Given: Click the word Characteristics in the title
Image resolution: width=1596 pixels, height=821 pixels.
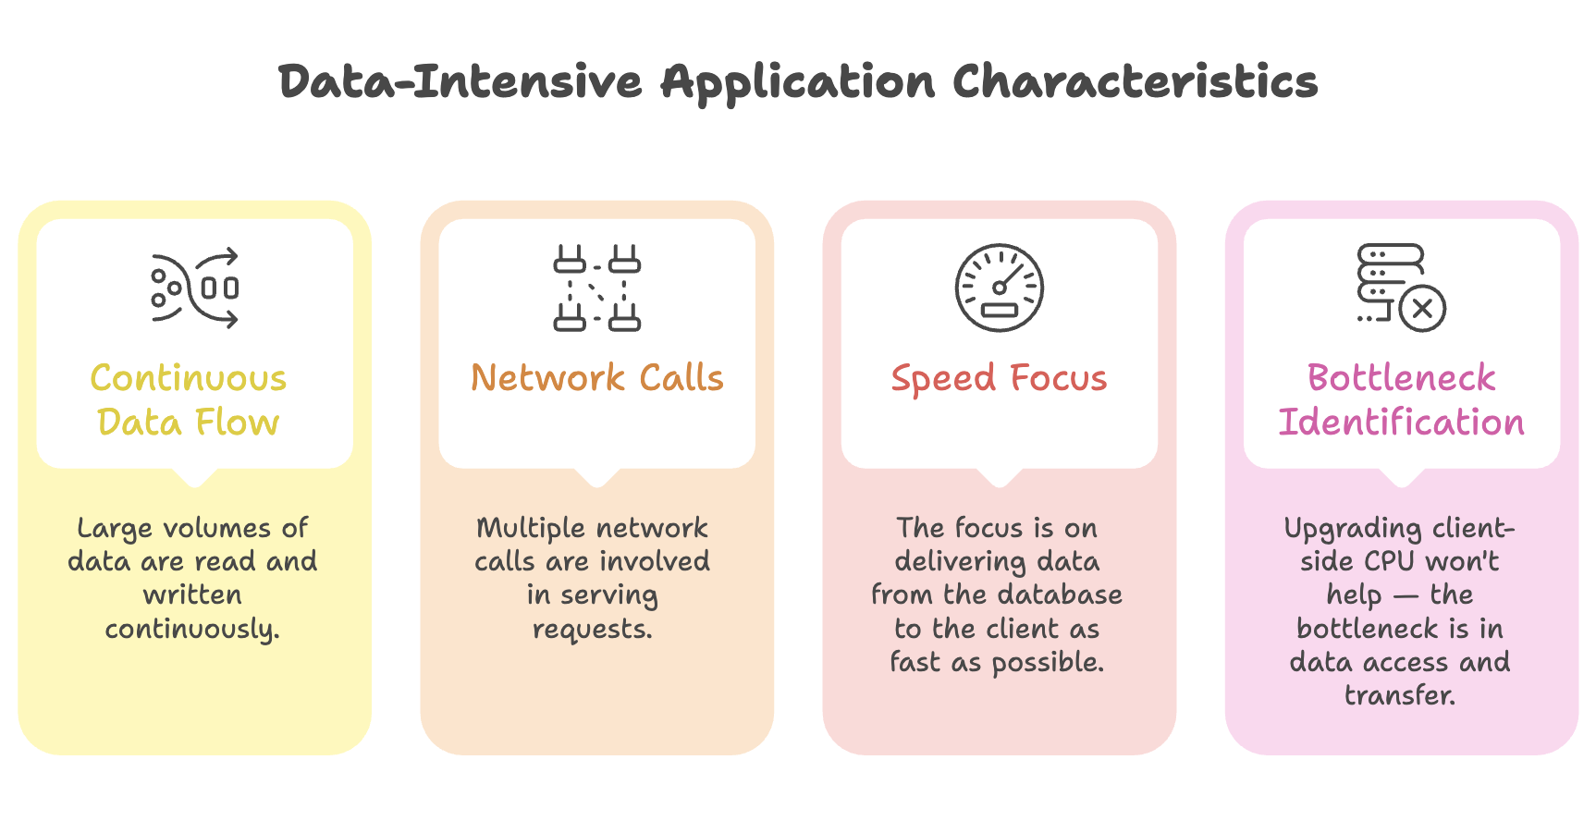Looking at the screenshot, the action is pos(1136,81).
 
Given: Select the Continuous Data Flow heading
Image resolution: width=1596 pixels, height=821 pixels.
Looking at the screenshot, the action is pos(189,400).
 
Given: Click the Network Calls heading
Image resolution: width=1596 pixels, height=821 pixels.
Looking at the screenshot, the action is pos(597,378).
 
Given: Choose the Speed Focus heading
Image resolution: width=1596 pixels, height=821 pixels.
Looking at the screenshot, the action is pos(999,379).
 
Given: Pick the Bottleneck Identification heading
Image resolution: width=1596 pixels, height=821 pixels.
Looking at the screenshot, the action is pos(1401,400).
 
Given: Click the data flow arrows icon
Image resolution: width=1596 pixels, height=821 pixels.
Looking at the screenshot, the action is pos(195,288).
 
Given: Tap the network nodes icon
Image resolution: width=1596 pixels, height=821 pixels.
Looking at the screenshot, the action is pos(597,288).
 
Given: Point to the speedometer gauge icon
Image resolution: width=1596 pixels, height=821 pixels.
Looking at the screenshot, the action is pos(1000,288).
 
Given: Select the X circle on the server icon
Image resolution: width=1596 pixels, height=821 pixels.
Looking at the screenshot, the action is pos(1422,308).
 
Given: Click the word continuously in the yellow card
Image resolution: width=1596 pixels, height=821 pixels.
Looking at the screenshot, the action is pos(192,630).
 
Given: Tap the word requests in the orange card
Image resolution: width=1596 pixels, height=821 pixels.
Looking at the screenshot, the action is pos(593,630).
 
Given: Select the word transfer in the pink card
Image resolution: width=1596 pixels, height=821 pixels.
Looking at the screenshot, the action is pos(1400,695).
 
